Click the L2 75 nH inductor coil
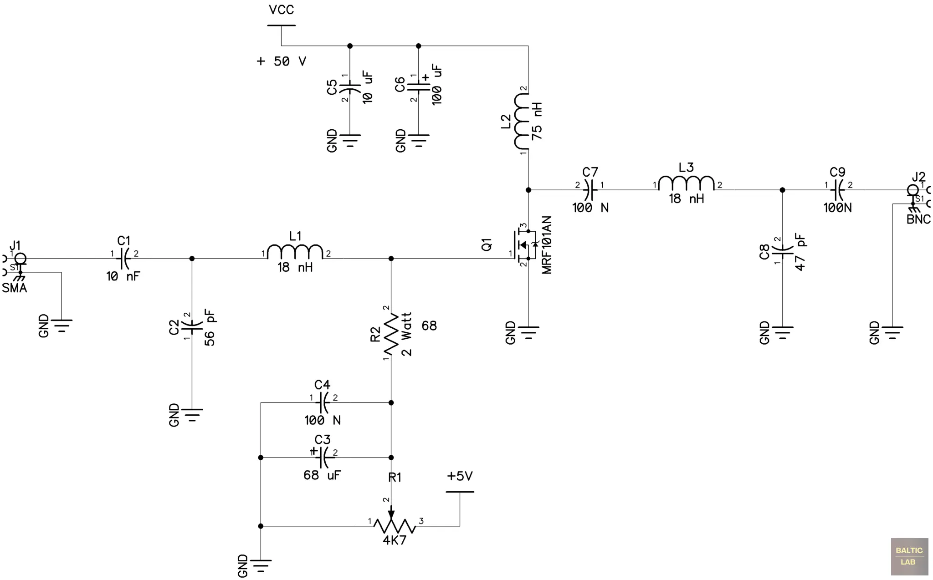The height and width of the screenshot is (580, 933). [x=522, y=121]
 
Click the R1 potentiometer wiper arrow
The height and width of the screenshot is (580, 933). [x=391, y=514]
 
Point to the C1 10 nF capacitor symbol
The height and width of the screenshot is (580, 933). [x=124, y=258]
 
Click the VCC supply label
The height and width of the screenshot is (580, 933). [x=281, y=10]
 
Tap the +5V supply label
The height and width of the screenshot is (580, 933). [x=460, y=476]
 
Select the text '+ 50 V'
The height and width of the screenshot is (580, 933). [x=281, y=61]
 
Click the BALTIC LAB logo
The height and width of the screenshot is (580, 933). [x=909, y=556]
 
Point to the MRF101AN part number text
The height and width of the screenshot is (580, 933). [x=547, y=245]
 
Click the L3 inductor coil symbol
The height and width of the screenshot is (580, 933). [x=686, y=184]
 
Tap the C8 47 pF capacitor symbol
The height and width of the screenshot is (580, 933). [x=782, y=250]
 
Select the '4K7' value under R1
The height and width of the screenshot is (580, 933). [x=394, y=541]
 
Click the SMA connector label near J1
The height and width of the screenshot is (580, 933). [x=14, y=288]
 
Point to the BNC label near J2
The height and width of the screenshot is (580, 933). [x=918, y=219]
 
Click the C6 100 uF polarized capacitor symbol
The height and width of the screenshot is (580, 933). [x=419, y=86]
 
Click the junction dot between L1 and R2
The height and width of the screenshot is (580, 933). [x=391, y=259]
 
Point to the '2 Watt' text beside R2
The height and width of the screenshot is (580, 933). [x=406, y=334]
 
